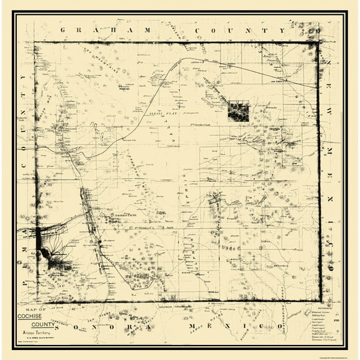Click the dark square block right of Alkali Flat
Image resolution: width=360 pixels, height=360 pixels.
[237, 111]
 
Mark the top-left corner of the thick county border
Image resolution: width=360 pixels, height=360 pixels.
[35, 43]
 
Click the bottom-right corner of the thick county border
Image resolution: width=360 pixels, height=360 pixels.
[319, 301]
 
